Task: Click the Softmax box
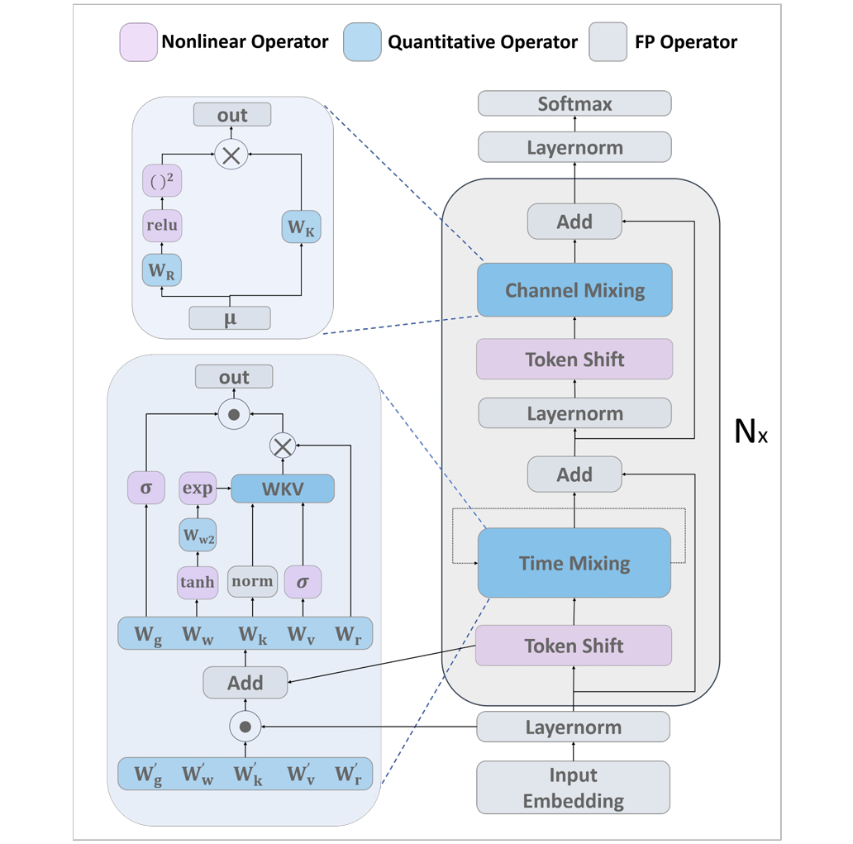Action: tap(574, 104)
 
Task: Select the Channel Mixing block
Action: tap(574, 290)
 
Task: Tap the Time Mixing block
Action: tap(574, 563)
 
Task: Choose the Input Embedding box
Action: tap(573, 788)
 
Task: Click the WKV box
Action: tap(283, 489)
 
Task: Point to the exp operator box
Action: tap(198, 489)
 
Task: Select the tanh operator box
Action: tap(197, 582)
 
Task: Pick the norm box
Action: tap(252, 582)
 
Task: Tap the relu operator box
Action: tap(162, 225)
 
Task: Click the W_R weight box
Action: tap(162, 270)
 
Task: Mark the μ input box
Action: tap(230, 317)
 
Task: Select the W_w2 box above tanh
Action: tap(198, 536)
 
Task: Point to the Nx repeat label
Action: tap(751, 432)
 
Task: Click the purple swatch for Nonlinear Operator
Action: tap(138, 42)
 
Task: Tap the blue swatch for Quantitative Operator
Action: tap(362, 42)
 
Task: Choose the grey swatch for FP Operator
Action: tap(608, 42)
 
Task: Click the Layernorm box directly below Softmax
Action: tap(574, 148)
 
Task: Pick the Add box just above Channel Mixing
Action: tap(574, 222)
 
